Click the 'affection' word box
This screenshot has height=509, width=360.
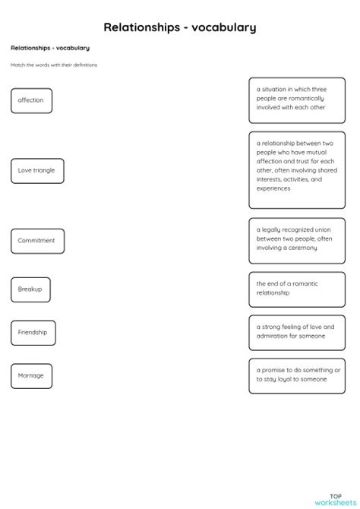coord(31,100)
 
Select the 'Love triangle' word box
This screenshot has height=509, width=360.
coord(37,170)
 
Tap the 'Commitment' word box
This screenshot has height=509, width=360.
coord(37,241)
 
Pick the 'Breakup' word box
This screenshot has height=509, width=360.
coord(30,289)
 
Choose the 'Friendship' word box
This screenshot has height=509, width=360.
coord(33,333)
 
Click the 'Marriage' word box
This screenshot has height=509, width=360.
coord(31,375)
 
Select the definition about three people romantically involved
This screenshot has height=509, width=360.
coord(296,99)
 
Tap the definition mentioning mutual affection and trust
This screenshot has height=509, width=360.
coord(296,169)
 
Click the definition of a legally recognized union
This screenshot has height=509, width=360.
coord(296,239)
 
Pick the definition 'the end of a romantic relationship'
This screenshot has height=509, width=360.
coord(296,288)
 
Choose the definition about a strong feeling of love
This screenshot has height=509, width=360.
coord(296,331)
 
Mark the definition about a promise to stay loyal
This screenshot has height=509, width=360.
coord(296,375)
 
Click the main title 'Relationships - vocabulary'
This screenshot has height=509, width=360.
coord(180,27)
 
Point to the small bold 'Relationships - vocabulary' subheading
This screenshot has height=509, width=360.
coord(50,48)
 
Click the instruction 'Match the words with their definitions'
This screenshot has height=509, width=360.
coord(54,65)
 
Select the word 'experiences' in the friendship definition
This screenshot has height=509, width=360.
coord(273,188)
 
